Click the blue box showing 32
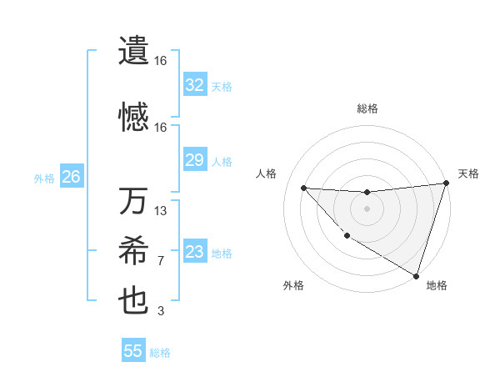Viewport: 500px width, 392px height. pyautogui.click(x=195, y=85)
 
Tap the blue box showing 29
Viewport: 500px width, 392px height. pyautogui.click(x=195, y=160)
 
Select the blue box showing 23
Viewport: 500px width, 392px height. pyautogui.click(x=195, y=252)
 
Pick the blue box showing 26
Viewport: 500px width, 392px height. pyautogui.click(x=72, y=177)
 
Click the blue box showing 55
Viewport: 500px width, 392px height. pyautogui.click(x=133, y=351)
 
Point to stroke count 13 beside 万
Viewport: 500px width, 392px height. pyautogui.click(x=161, y=211)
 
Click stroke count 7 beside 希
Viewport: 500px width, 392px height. pyautogui.click(x=161, y=261)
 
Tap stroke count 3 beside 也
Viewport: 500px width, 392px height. pyautogui.click(x=161, y=311)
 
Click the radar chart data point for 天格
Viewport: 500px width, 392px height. pyautogui.click(x=447, y=183)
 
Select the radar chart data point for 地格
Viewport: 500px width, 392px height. pyautogui.click(x=416, y=275)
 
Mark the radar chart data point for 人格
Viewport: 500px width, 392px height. pyautogui.click(x=303, y=188)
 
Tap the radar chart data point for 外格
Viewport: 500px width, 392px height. pyautogui.click(x=347, y=236)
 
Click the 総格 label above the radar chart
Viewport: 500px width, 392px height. pyautogui.click(x=367, y=108)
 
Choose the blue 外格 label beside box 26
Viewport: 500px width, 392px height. pyautogui.click(x=44, y=178)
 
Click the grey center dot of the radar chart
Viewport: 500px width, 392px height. pyautogui.click(x=367, y=209)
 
